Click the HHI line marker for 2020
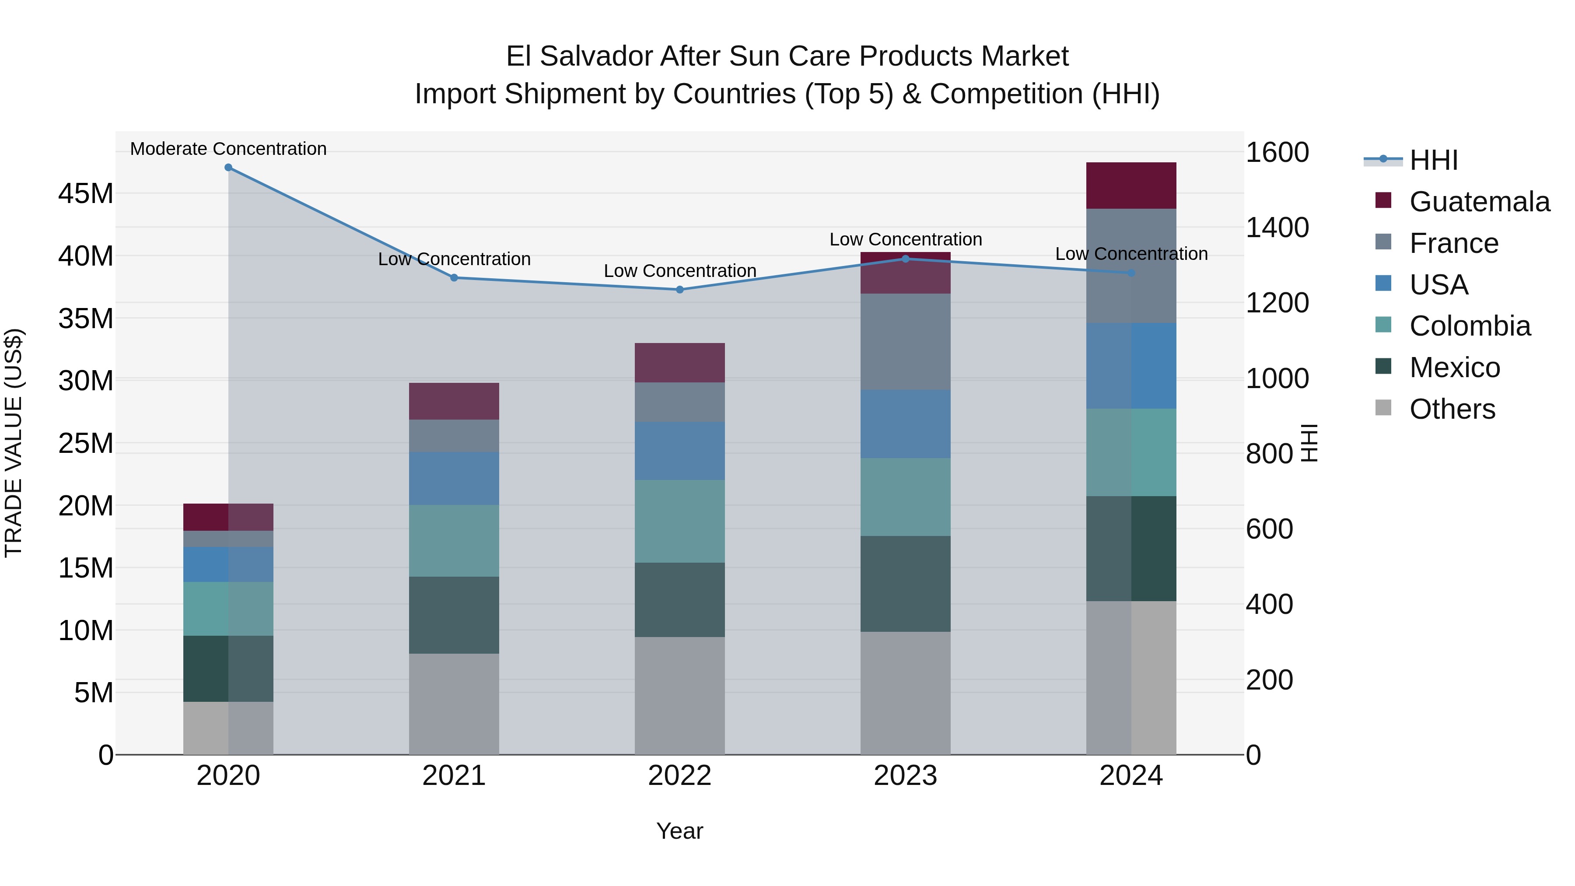click(228, 168)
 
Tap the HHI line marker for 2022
click(679, 290)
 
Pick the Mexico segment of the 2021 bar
click(454, 615)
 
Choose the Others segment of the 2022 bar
click(679, 696)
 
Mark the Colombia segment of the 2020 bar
click(228, 609)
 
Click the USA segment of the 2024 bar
click(1130, 366)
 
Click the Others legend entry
click(1452, 409)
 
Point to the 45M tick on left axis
click(86, 194)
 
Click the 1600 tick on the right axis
click(1277, 152)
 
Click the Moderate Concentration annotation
click(228, 149)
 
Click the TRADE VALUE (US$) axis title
click(14, 443)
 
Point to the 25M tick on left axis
click(86, 443)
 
